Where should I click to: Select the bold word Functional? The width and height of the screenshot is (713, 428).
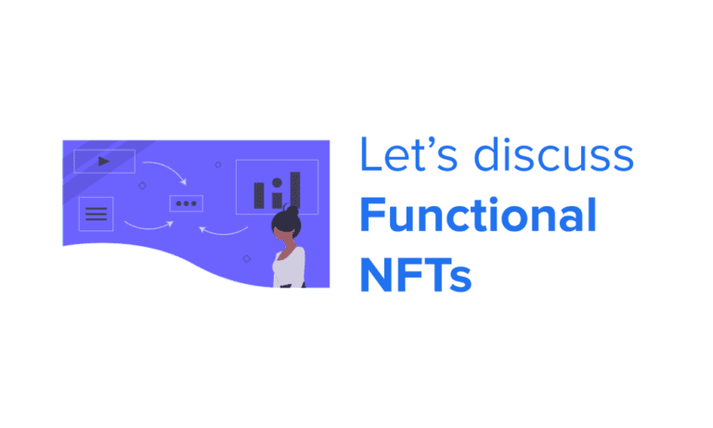click(477, 215)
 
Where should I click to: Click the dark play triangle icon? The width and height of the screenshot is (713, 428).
click(104, 161)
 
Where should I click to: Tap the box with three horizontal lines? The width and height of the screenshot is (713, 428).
click(96, 214)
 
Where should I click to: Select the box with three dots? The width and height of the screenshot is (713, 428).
click(186, 203)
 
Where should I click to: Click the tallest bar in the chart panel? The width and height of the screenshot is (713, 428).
click(294, 189)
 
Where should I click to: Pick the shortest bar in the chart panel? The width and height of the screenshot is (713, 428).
click(275, 199)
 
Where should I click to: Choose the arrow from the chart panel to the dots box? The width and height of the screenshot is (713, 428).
click(226, 229)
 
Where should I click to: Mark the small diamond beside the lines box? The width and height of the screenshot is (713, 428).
click(142, 186)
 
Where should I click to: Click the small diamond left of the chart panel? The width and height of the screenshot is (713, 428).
click(218, 164)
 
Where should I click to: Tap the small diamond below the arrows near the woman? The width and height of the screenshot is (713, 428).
click(246, 258)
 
